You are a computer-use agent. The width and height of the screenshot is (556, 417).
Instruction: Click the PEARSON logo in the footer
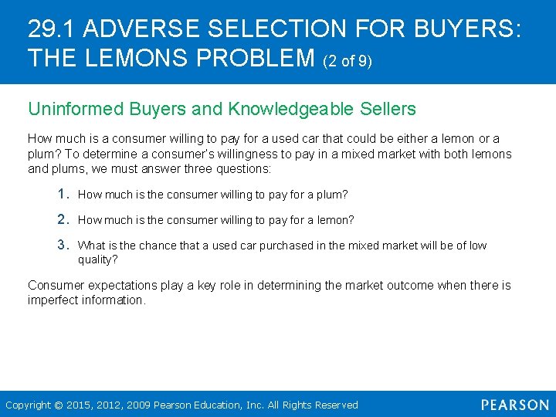pos(514,405)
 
